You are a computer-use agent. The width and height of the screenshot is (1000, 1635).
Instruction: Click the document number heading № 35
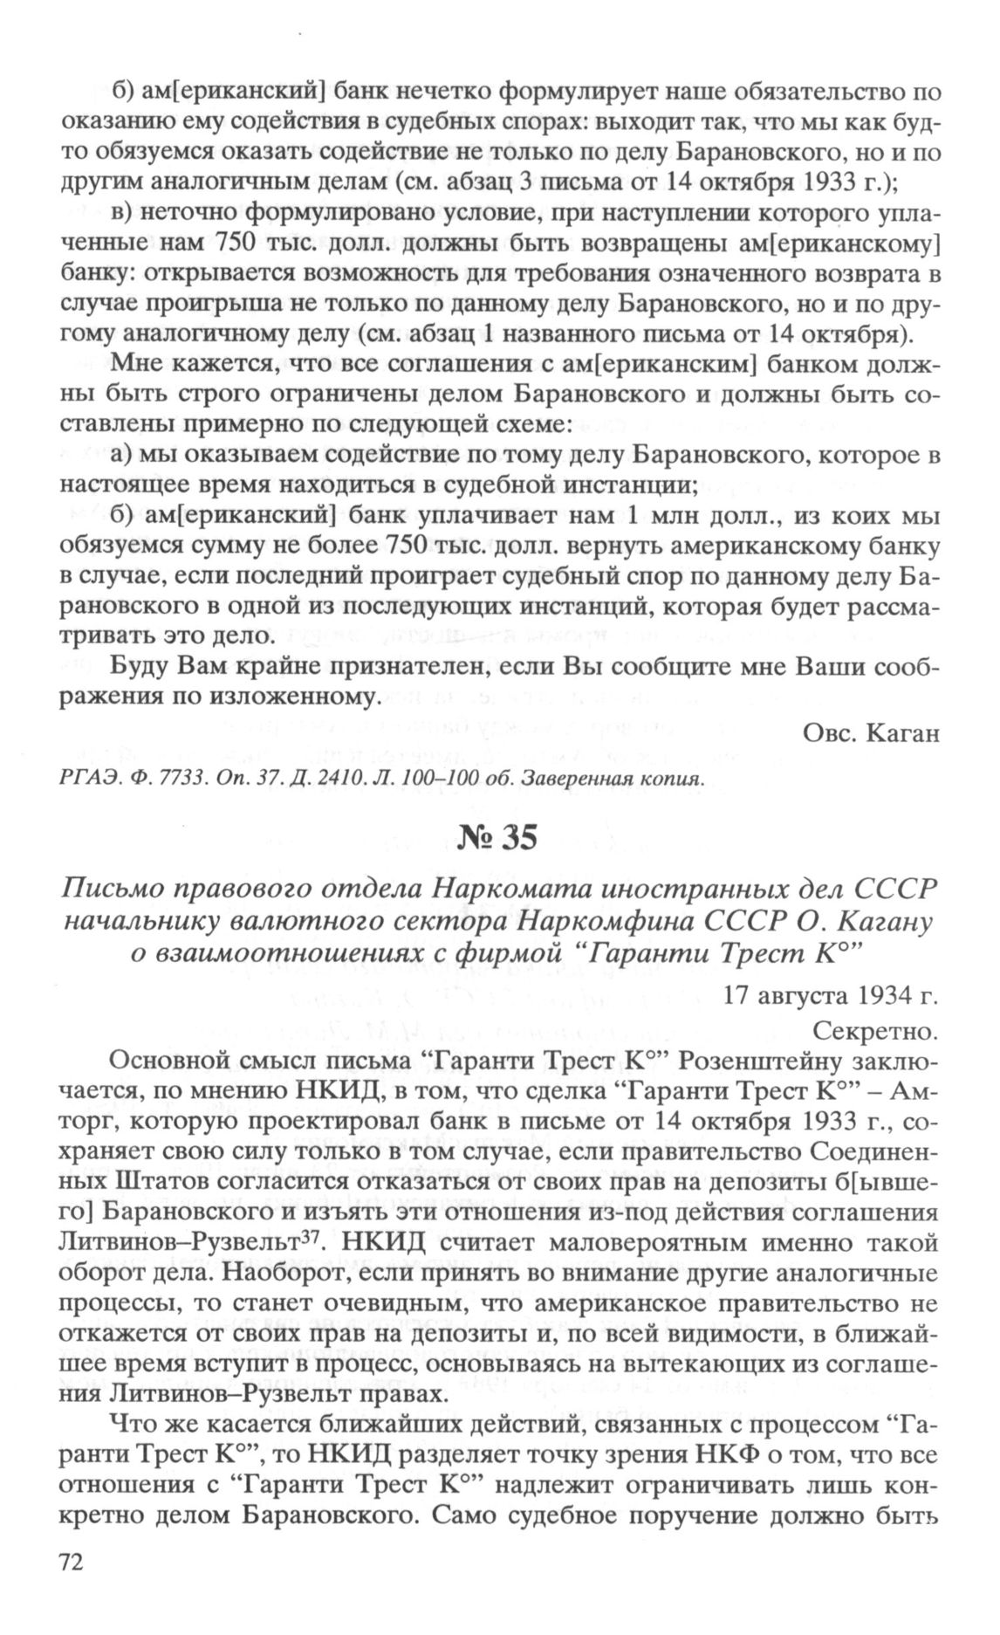click(x=497, y=838)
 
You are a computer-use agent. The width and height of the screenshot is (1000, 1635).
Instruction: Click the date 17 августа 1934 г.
click(x=831, y=995)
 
